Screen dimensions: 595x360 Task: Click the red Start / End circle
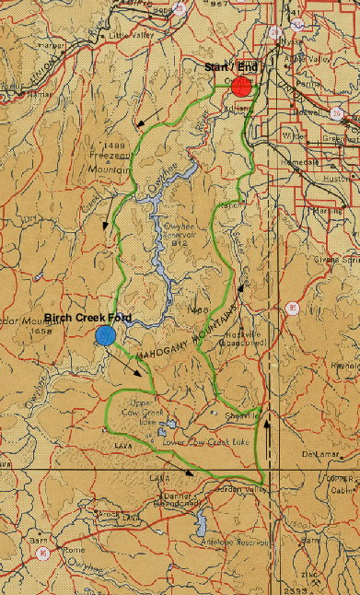[x=241, y=87]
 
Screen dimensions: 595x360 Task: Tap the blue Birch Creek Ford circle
[x=106, y=335]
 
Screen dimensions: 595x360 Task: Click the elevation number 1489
[x=114, y=146]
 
